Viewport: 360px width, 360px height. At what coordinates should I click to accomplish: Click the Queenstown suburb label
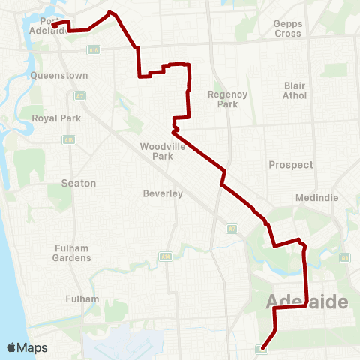tap(59, 76)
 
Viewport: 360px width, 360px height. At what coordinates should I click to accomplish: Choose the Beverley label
tap(163, 193)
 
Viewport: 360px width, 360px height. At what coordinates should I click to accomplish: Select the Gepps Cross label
tap(288, 28)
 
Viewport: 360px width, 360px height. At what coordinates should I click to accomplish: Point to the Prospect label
tap(290, 165)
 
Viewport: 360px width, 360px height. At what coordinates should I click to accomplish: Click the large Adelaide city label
tap(307, 302)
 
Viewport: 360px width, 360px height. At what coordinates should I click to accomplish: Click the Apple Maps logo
tap(27, 348)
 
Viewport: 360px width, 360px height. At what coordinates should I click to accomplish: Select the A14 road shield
tap(94, 50)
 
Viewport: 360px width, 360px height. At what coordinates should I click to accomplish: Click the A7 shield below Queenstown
tap(79, 95)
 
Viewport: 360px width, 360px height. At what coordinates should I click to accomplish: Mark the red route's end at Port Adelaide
tap(55, 24)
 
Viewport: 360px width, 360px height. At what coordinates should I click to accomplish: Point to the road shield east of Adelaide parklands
tap(345, 258)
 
